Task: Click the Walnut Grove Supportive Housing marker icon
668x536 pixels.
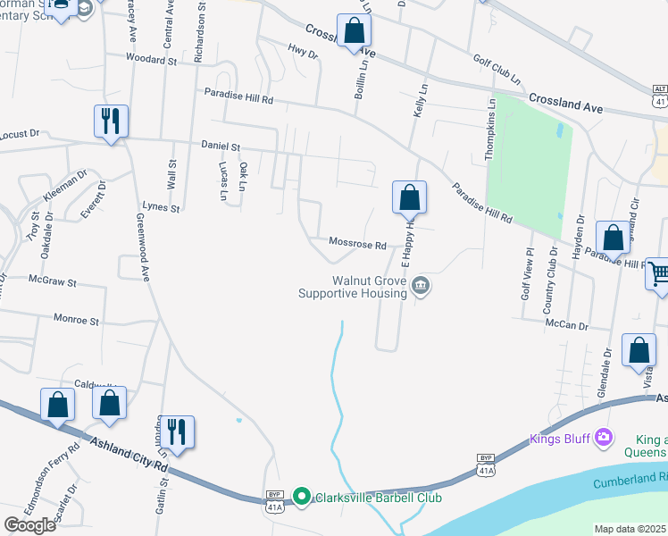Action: click(x=422, y=287)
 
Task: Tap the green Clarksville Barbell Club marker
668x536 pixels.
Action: click(x=302, y=497)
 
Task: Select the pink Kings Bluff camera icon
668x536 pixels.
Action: click(x=605, y=437)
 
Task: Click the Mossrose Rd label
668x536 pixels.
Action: click(x=357, y=243)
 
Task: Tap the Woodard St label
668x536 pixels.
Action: click(x=152, y=60)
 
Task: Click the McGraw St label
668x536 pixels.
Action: click(x=52, y=281)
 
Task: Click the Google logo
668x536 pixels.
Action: click(x=29, y=525)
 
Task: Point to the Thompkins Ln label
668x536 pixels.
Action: click(x=490, y=130)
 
